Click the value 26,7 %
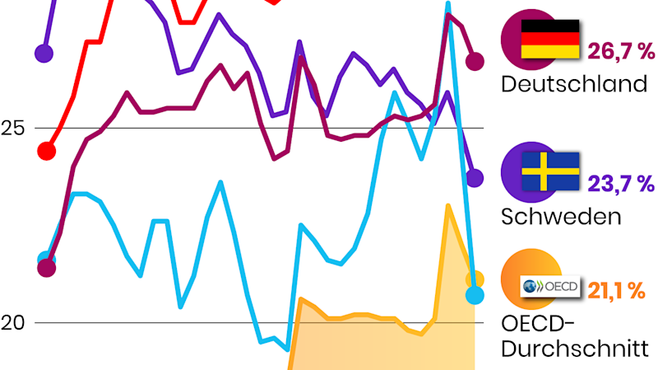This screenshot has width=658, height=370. coord(622,52)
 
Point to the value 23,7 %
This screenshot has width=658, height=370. coord(622,184)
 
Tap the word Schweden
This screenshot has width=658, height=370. coord(559,217)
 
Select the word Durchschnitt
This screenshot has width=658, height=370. coord(575,349)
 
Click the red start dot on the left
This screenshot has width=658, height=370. coord(47,151)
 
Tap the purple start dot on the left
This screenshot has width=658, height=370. coord(44,54)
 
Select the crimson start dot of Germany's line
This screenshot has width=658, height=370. coord(47,267)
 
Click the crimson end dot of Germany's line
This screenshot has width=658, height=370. coord(475,60)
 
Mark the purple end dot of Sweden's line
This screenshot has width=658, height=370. coord(475,177)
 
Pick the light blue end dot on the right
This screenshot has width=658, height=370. coord(475,294)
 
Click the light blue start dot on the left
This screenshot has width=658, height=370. coord(47,260)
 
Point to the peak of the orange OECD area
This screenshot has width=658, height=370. coord(447,206)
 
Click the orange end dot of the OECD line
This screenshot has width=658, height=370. coord(475,279)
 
